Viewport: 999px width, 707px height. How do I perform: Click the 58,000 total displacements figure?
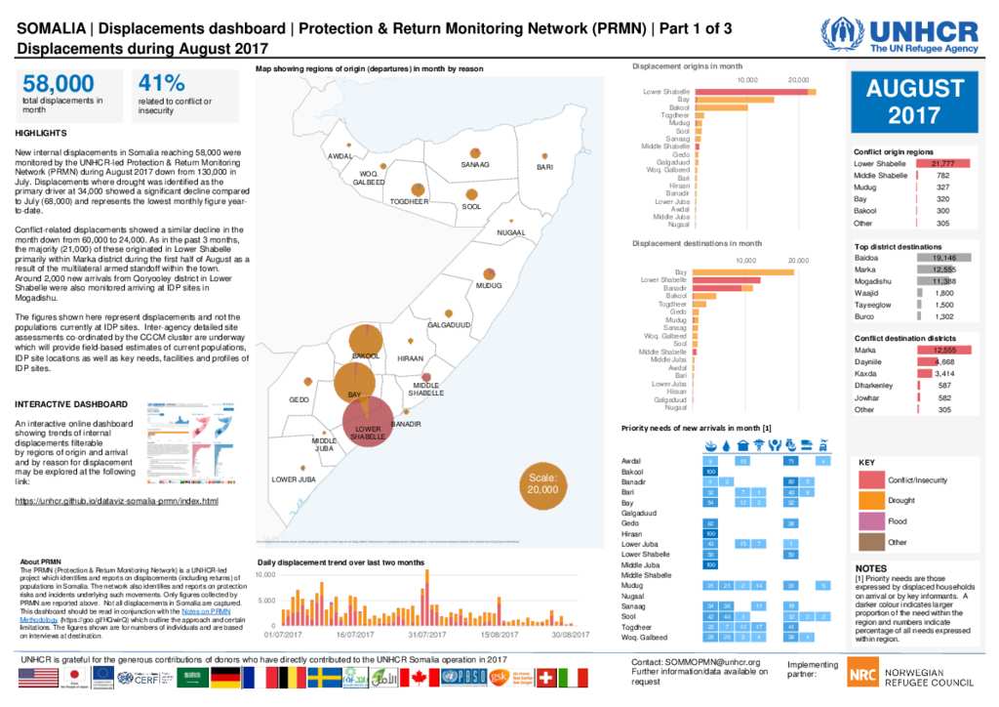(59, 84)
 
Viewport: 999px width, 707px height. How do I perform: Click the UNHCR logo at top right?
(899, 35)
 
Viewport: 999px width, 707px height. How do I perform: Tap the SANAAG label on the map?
(474, 164)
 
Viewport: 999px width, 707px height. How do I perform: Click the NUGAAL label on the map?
(510, 232)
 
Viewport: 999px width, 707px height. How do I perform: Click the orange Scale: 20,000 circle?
(542, 483)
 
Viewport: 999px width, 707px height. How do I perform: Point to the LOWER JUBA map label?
(293, 479)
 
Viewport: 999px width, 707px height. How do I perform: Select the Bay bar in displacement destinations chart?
(744, 271)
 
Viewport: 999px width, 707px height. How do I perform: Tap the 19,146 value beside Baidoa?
(943, 258)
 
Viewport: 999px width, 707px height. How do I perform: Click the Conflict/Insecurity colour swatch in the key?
(870, 479)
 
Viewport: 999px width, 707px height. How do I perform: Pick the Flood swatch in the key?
(870, 520)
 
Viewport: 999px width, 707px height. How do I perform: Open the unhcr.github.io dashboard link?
(117, 501)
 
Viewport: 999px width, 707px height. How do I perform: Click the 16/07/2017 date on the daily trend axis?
(354, 634)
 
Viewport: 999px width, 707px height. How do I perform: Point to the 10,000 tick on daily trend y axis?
(264, 575)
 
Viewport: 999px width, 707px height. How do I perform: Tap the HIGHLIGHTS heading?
(42, 133)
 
